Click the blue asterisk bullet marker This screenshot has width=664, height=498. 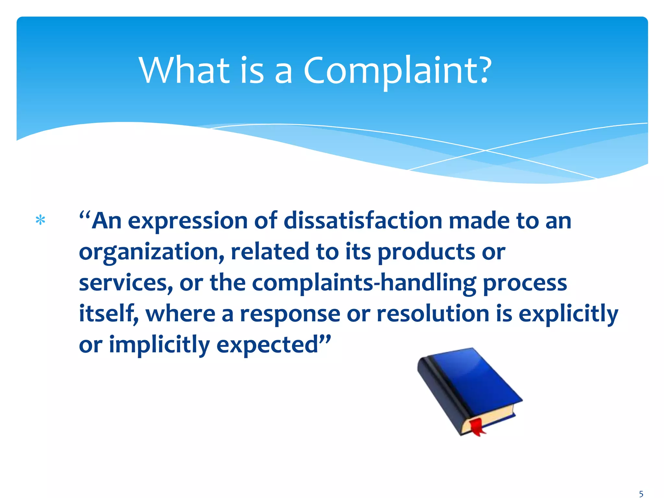[40, 220]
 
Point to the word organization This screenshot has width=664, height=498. [151, 252]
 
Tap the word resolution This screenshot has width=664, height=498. [433, 314]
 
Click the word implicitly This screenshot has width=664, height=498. [159, 345]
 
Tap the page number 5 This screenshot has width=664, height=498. [641, 494]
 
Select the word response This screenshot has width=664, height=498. [290, 314]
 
